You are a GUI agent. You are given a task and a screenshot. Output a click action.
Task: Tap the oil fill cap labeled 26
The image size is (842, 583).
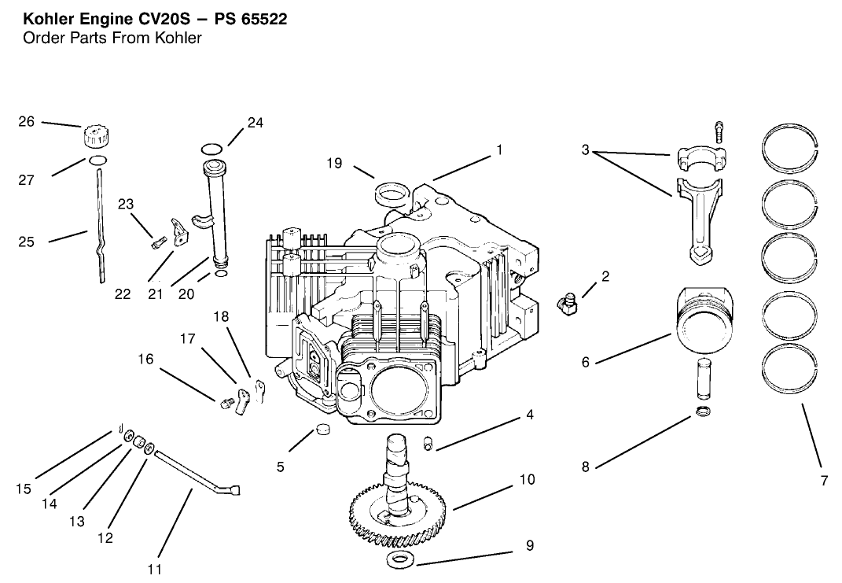[94, 135]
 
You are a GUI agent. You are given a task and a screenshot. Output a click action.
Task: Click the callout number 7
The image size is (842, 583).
[824, 481]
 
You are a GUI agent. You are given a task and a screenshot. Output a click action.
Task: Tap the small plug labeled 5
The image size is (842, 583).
[322, 430]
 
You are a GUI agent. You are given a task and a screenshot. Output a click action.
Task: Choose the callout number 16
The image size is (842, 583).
[146, 359]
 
